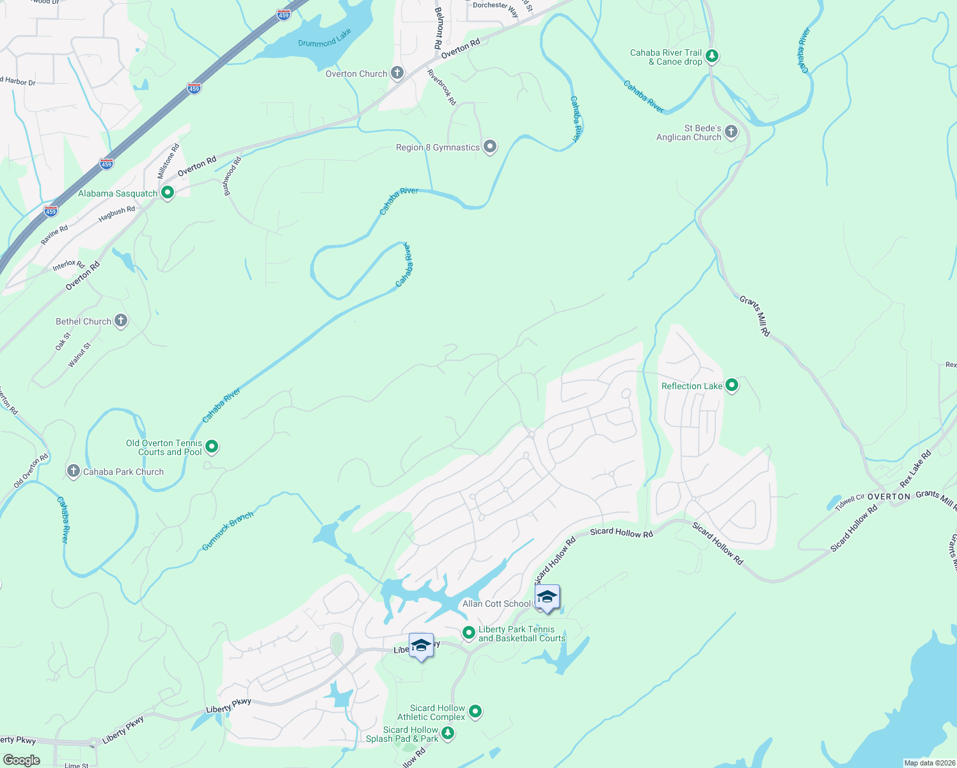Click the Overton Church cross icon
tap(397, 73)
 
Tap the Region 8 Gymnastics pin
tap(490, 147)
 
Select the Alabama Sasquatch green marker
tap(168, 192)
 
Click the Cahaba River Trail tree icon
tap(711, 56)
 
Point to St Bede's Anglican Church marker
tap(731, 132)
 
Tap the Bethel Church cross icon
tap(121, 321)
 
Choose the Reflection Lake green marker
tap(732, 385)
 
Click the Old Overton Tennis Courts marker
tap(212, 447)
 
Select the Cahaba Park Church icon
tap(74, 472)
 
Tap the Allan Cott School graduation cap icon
tap(547, 598)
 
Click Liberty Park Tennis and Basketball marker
tap(469, 633)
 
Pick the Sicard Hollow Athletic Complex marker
tap(475, 711)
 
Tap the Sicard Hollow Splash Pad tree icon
tap(448, 733)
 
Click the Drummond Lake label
tap(324, 39)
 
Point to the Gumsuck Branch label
tap(228, 531)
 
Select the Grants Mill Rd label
tap(755, 316)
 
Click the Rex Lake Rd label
tap(915, 468)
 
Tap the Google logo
tap(22, 760)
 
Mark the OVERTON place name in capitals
tap(889, 497)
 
